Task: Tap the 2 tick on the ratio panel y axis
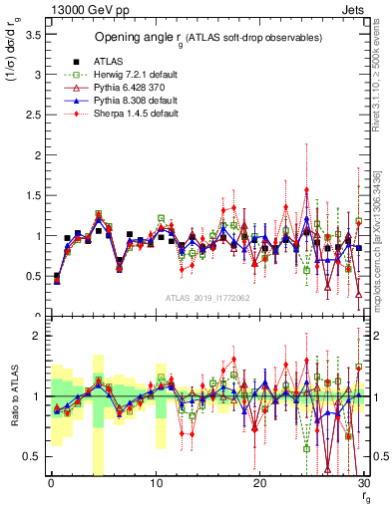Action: (35, 336)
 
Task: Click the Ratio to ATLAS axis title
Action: (13, 399)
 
